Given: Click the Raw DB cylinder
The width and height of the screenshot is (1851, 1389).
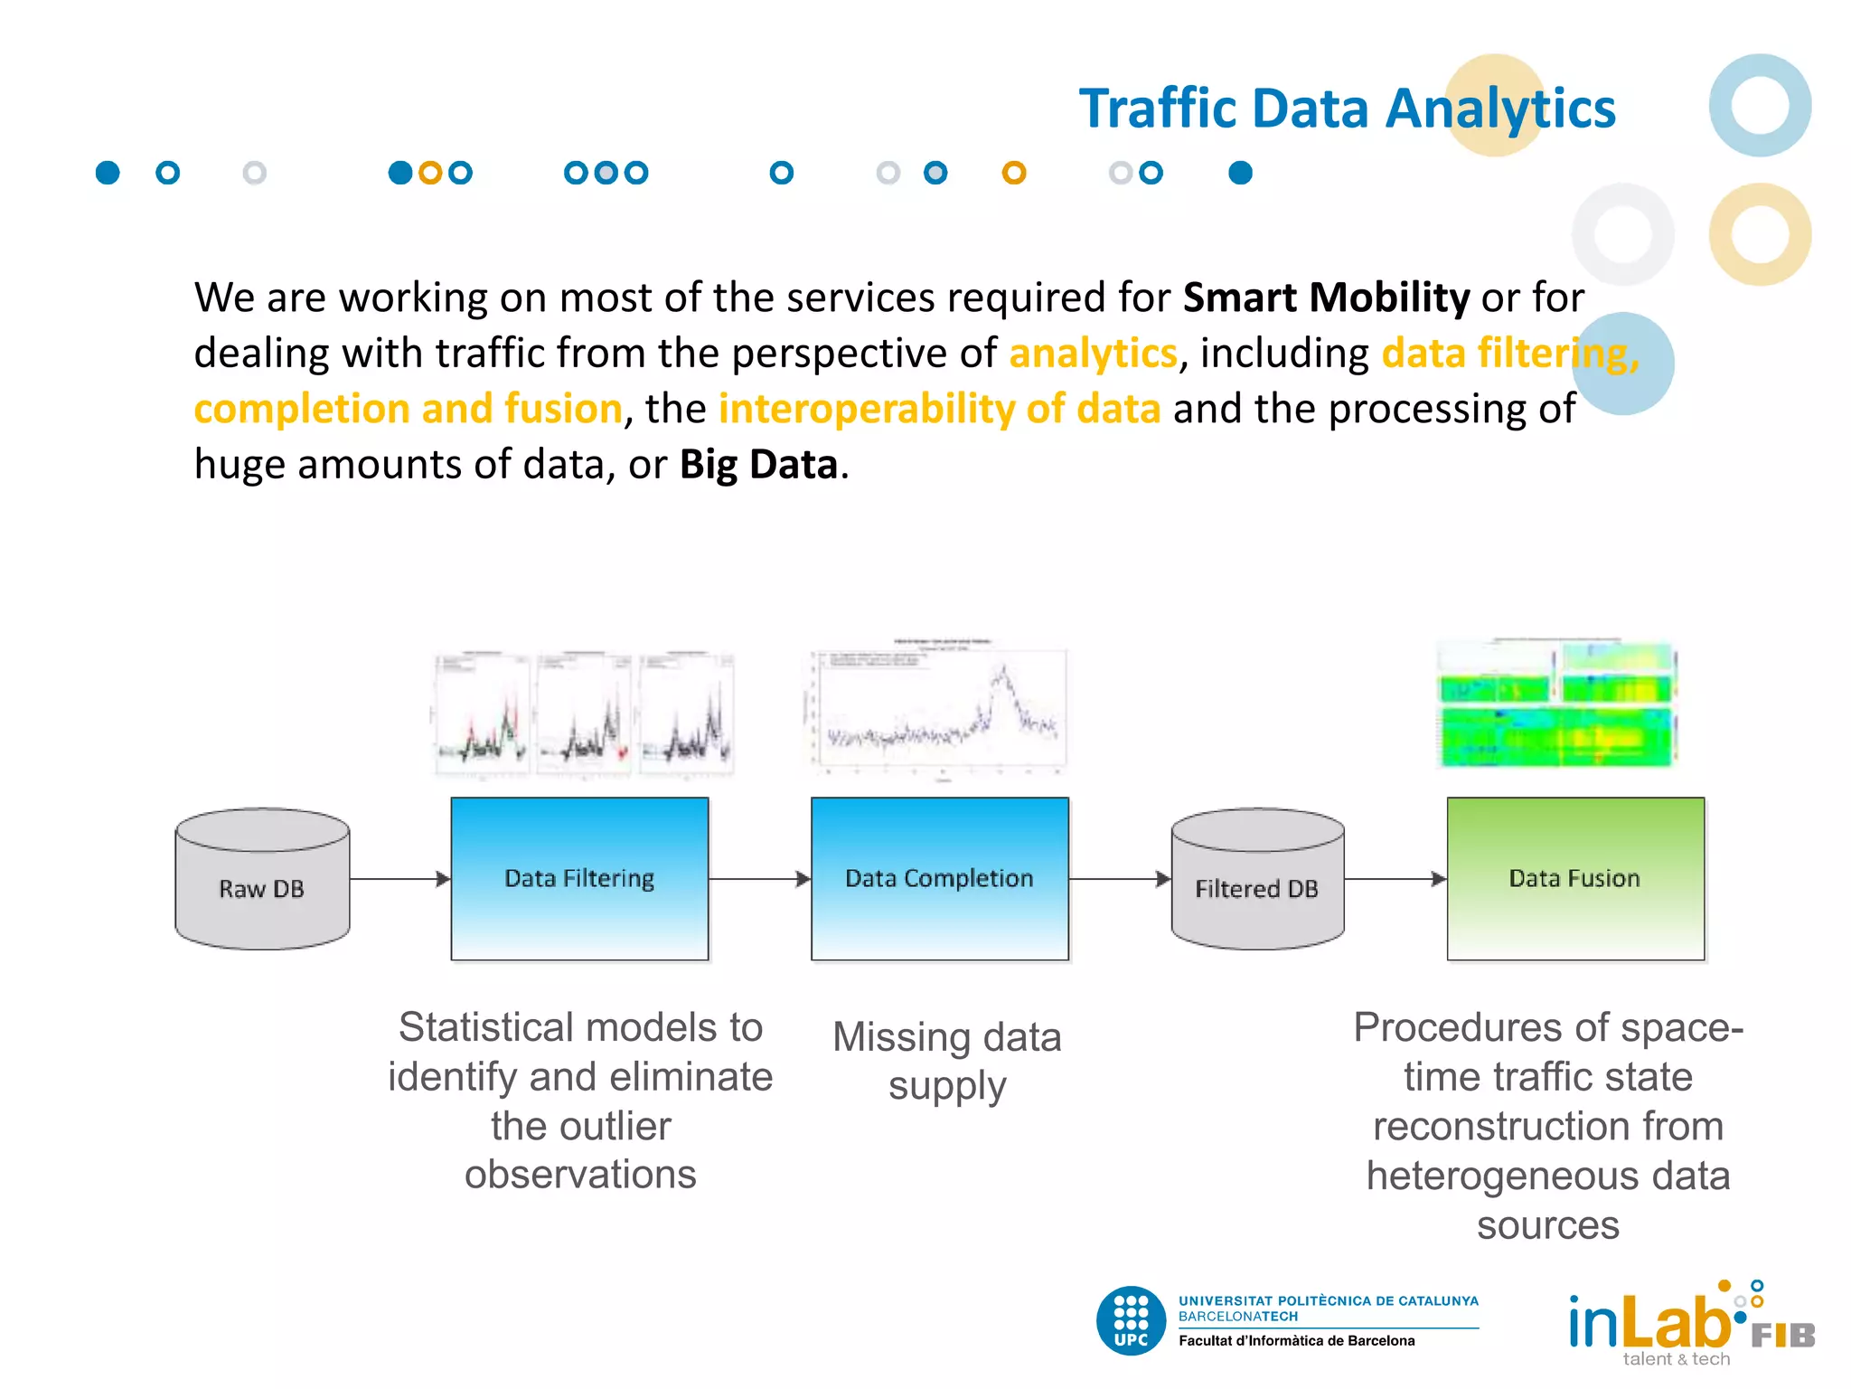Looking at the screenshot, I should (x=262, y=879).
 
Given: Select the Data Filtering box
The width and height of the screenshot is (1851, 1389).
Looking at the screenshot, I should (x=579, y=878).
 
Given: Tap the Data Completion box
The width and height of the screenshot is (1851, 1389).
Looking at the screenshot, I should (x=939, y=878).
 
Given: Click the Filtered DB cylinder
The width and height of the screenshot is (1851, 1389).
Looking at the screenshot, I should (x=1257, y=879).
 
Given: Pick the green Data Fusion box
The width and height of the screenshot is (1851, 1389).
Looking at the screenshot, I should (x=1574, y=878).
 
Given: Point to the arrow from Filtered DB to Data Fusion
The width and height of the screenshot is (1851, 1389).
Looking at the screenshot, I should (x=1395, y=879).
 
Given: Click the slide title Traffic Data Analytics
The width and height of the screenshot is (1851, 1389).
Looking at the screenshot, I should (x=1347, y=109).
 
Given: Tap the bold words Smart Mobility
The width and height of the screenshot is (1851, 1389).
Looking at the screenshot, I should (x=1326, y=298).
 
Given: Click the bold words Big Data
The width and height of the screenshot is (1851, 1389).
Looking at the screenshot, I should (x=758, y=465).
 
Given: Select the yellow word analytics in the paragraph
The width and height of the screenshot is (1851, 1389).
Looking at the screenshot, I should (x=1093, y=354).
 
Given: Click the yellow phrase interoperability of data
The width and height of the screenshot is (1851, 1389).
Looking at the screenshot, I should (x=939, y=409).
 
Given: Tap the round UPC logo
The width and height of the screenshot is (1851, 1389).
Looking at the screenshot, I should (x=1131, y=1320).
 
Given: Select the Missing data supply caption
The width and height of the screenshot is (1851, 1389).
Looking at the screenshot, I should (x=946, y=1061).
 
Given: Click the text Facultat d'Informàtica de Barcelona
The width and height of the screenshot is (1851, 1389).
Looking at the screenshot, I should (x=1296, y=1341).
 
